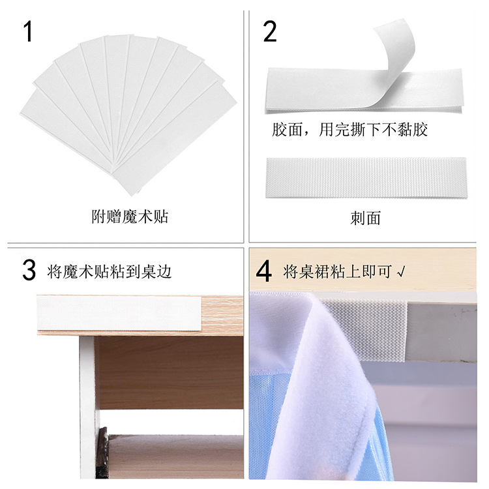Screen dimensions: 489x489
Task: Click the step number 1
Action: click(x=27, y=31)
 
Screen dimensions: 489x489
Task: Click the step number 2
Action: click(x=270, y=31)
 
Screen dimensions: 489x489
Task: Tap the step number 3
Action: click(x=29, y=271)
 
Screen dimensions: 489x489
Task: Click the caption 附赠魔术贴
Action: click(x=130, y=216)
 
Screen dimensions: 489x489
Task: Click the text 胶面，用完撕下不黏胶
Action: click(x=349, y=129)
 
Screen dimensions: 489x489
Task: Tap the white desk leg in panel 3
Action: click(x=87, y=404)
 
